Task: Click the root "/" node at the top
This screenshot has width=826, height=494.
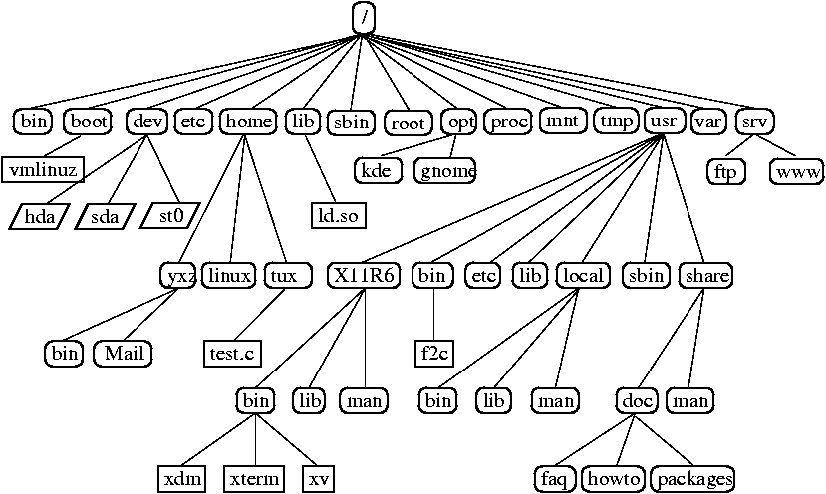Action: point(365,17)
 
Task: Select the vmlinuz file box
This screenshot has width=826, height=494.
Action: point(42,169)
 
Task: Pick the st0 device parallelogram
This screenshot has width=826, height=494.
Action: point(170,214)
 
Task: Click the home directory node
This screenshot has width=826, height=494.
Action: point(247,122)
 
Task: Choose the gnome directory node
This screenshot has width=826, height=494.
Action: point(445,170)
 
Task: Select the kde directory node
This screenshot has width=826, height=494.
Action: point(377,170)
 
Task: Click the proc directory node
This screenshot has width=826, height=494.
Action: point(508,122)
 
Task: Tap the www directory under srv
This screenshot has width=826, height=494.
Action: point(797,170)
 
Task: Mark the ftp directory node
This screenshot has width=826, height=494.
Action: point(724,170)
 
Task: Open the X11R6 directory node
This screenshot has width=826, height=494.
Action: point(363,275)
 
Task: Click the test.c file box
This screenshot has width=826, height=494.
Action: point(230,352)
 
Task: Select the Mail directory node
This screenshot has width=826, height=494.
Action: point(124,352)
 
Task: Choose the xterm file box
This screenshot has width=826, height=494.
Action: point(254,477)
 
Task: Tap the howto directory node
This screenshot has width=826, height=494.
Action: point(612,477)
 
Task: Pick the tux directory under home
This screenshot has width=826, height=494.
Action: point(281,275)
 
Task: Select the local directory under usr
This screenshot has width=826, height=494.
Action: point(582,275)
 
